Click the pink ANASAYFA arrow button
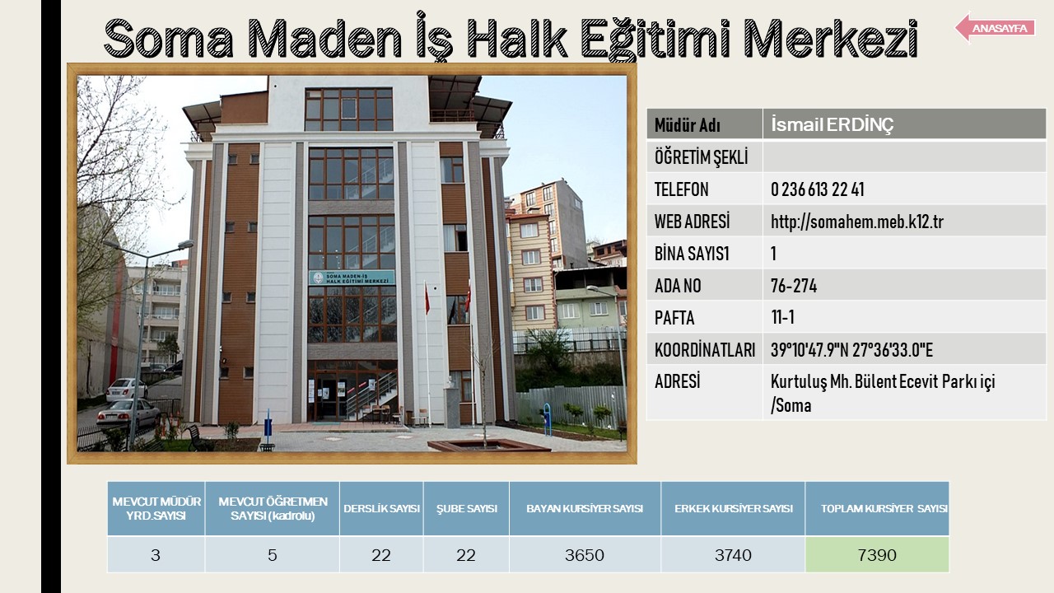[996, 28]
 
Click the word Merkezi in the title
[831, 39]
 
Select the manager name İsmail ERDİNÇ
[832, 124]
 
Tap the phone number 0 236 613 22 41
[818, 189]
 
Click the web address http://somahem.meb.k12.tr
[857, 222]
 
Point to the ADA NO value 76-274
[794, 286]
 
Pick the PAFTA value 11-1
[782, 318]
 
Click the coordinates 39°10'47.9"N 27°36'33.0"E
[851, 350]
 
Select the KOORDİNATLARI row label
[704, 350]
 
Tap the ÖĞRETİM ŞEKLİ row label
[701, 157]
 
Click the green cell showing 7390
[877, 555]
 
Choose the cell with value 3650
[585, 555]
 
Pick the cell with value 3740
[733, 555]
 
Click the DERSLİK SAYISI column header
[381, 509]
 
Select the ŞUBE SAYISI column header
[466, 509]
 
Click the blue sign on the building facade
[352, 278]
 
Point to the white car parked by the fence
[126, 390]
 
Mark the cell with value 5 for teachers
[272, 555]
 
